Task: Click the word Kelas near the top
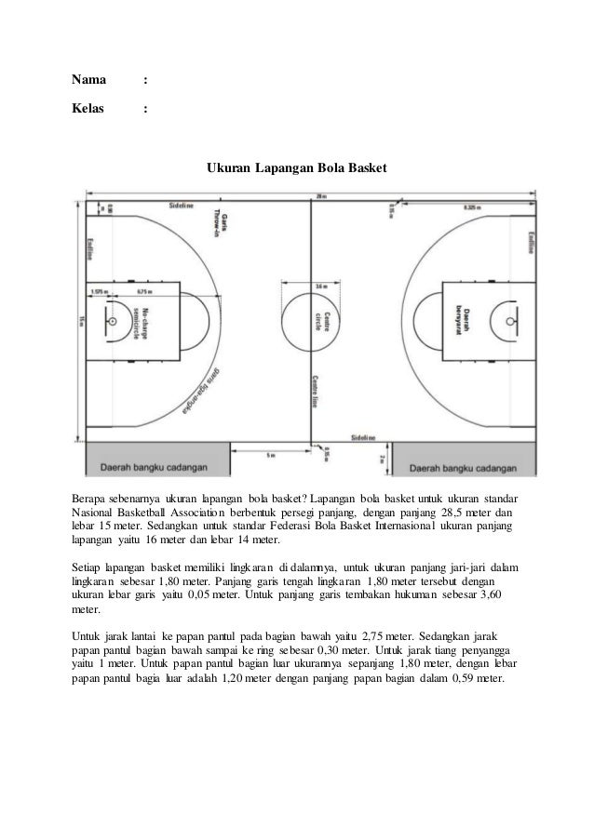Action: pyautogui.click(x=89, y=111)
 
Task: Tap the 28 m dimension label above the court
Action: pyautogui.click(x=319, y=196)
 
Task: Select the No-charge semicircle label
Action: pyautogui.click(x=141, y=322)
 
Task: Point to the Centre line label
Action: pyautogui.click(x=317, y=390)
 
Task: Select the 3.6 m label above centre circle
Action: pyautogui.click(x=319, y=286)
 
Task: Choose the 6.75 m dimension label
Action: pyautogui.click(x=143, y=289)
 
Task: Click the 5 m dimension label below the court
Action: pyautogui.click(x=270, y=456)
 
